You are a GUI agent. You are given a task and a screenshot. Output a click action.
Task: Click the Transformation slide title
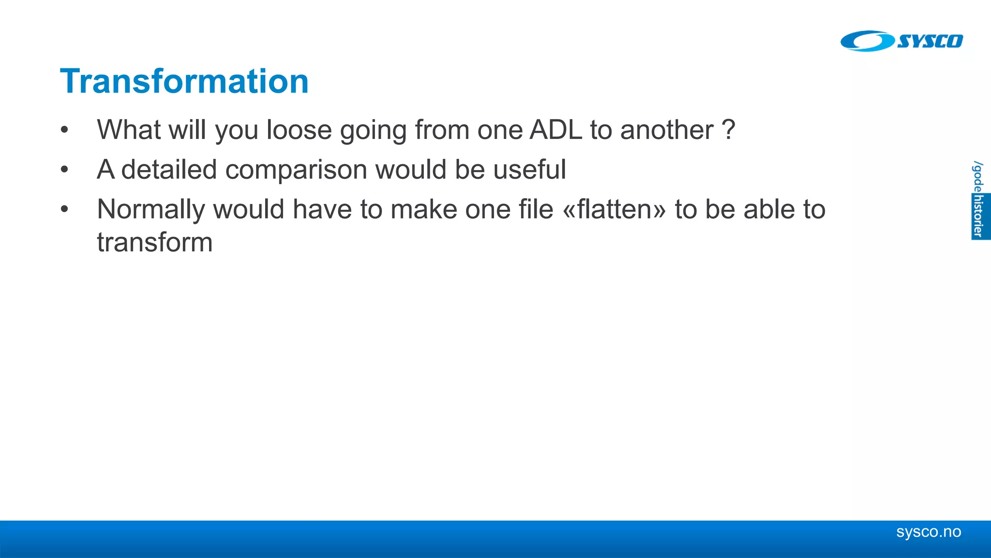(184, 81)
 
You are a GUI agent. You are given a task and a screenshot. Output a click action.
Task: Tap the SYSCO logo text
(930, 41)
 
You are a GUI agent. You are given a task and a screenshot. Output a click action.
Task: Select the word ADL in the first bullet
(556, 130)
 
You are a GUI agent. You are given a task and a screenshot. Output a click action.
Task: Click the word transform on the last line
(155, 242)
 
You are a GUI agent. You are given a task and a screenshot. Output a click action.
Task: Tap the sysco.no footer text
(928, 532)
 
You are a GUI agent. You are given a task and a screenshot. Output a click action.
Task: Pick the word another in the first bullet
(666, 130)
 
